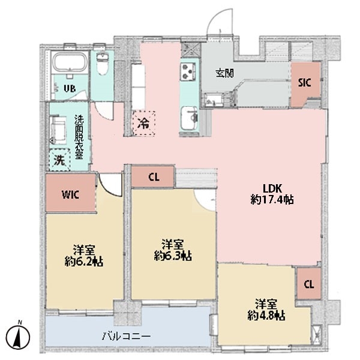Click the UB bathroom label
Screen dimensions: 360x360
pos(70,88)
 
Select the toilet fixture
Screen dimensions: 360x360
pos(102,65)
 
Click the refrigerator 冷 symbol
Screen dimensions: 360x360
pos(143,124)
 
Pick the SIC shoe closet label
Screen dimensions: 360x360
pos(305,83)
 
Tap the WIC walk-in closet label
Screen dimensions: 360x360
pos(71,194)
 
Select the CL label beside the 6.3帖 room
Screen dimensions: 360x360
pos(154,177)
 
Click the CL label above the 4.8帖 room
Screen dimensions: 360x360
pos(308,284)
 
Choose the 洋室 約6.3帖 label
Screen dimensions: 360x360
pos(172,250)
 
